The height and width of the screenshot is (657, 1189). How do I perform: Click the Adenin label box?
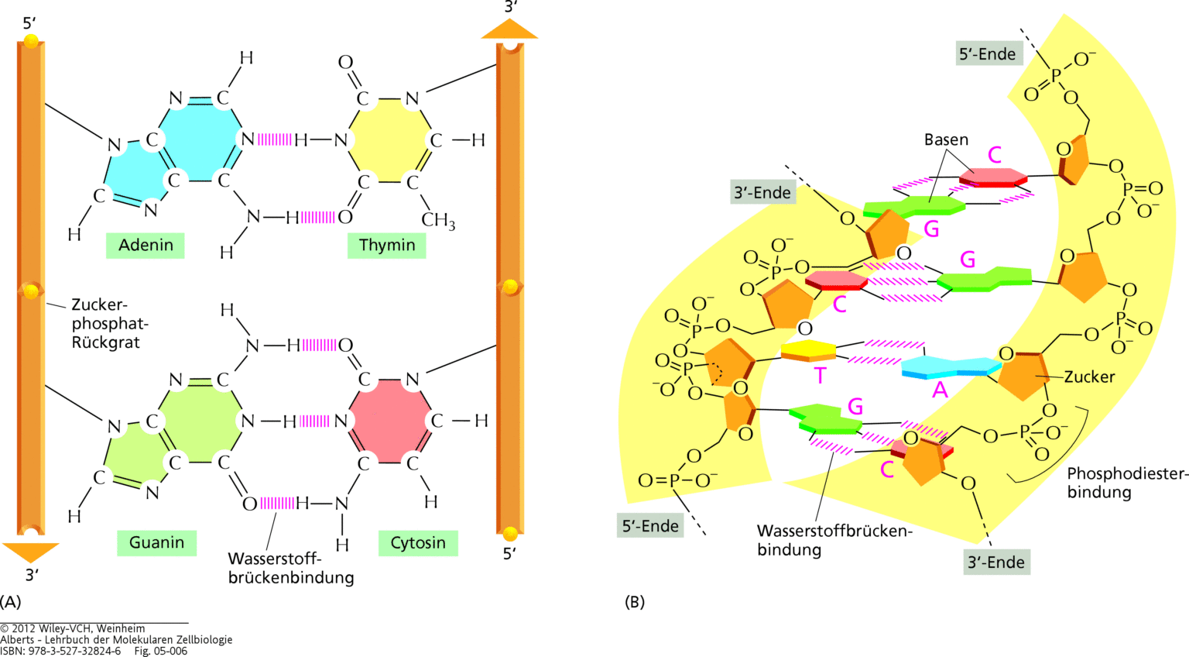[146, 246]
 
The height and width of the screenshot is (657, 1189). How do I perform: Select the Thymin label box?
[386, 246]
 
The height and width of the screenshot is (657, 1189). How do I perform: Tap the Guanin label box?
[156, 542]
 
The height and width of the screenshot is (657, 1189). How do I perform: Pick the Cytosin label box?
[417, 542]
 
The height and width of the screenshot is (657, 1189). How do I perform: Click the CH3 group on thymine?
[437, 221]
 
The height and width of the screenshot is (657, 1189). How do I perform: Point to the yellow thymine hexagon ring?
[387, 140]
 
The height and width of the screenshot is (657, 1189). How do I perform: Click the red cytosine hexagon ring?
[387, 421]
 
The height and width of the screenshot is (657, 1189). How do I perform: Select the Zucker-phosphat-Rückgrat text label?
[109, 324]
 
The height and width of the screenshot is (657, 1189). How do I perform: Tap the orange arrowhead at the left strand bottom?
[31, 552]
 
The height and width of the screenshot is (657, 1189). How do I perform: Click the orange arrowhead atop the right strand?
[509, 29]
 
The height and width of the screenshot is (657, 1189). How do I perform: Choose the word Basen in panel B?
[946, 140]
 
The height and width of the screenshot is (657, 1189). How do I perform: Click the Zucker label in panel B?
[1089, 377]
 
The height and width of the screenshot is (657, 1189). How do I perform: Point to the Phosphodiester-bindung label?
[1126, 483]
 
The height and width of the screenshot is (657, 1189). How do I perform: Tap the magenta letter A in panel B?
[940, 390]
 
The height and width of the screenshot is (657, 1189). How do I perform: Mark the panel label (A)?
[11, 602]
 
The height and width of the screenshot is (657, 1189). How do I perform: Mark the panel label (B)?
[634, 602]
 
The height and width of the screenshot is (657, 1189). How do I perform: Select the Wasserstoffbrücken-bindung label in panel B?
[834, 541]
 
